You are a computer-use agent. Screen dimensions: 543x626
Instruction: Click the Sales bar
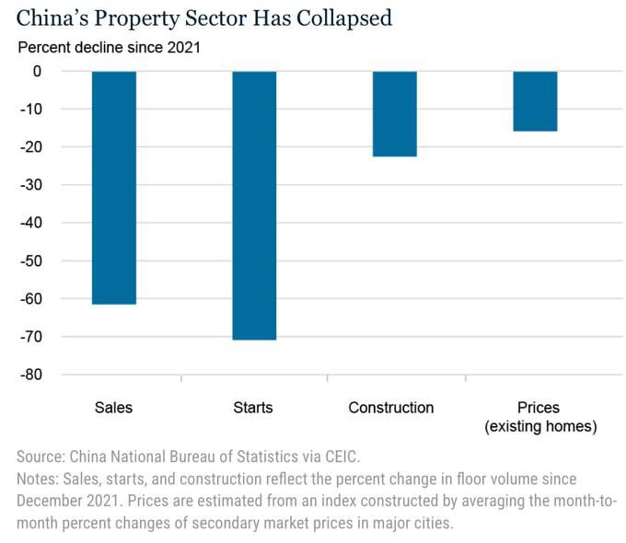coord(114,187)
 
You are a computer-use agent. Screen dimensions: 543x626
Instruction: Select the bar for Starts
coord(254,205)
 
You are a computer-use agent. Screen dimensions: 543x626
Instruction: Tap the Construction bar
coord(394,114)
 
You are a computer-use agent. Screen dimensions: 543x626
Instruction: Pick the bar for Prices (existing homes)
coord(535,101)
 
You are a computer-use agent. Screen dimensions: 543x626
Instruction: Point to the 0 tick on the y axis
coord(64,72)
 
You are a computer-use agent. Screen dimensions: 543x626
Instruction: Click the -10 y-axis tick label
coord(57,110)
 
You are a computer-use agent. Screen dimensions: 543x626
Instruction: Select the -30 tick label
coord(57,185)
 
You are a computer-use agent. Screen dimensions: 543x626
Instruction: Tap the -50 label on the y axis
coord(57,261)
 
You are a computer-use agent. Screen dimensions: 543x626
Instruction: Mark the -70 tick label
coord(57,337)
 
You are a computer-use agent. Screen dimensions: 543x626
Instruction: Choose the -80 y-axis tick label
coord(57,375)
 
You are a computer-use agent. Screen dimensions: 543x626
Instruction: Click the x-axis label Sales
coord(114,408)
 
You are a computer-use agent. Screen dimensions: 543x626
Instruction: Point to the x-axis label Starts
coord(254,408)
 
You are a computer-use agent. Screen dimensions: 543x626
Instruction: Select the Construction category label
coord(391,408)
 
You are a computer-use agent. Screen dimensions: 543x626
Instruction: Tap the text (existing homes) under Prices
coord(540,426)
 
